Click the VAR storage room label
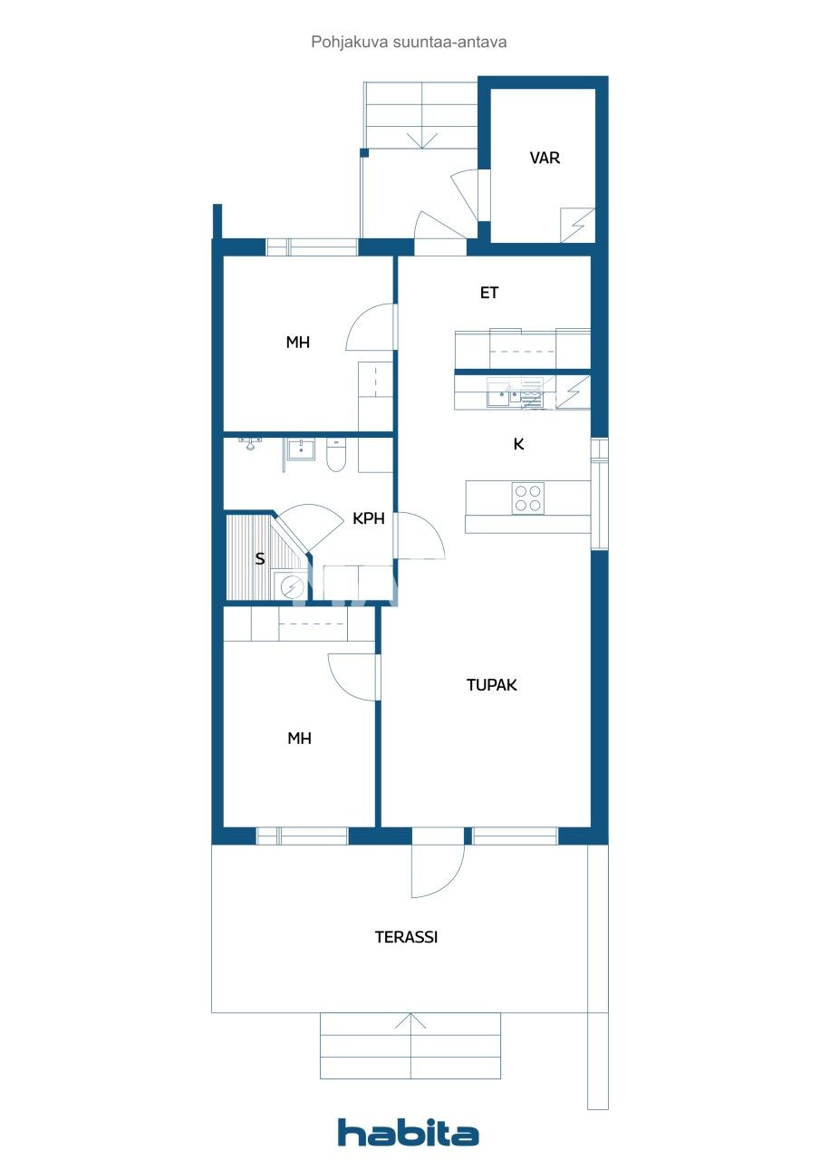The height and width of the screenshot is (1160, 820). (x=545, y=158)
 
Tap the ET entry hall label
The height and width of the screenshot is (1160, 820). (x=489, y=293)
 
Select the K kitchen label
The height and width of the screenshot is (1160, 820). (x=518, y=444)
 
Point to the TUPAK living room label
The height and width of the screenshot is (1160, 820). (x=491, y=685)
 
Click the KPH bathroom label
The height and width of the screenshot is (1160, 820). (x=369, y=519)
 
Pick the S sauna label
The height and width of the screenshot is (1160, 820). (x=260, y=558)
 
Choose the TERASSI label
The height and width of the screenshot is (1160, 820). (x=406, y=937)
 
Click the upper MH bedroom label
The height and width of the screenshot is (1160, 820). (x=298, y=343)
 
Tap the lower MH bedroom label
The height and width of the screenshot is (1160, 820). (x=299, y=739)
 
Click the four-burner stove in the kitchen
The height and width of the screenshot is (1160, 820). (x=528, y=498)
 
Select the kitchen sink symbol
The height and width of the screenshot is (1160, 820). (x=500, y=393)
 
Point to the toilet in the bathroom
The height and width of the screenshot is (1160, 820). (x=334, y=456)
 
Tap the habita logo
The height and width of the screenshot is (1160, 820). (x=409, y=1133)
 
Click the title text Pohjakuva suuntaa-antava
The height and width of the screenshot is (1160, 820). (x=409, y=42)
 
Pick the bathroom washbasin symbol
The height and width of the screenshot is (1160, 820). (x=300, y=449)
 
